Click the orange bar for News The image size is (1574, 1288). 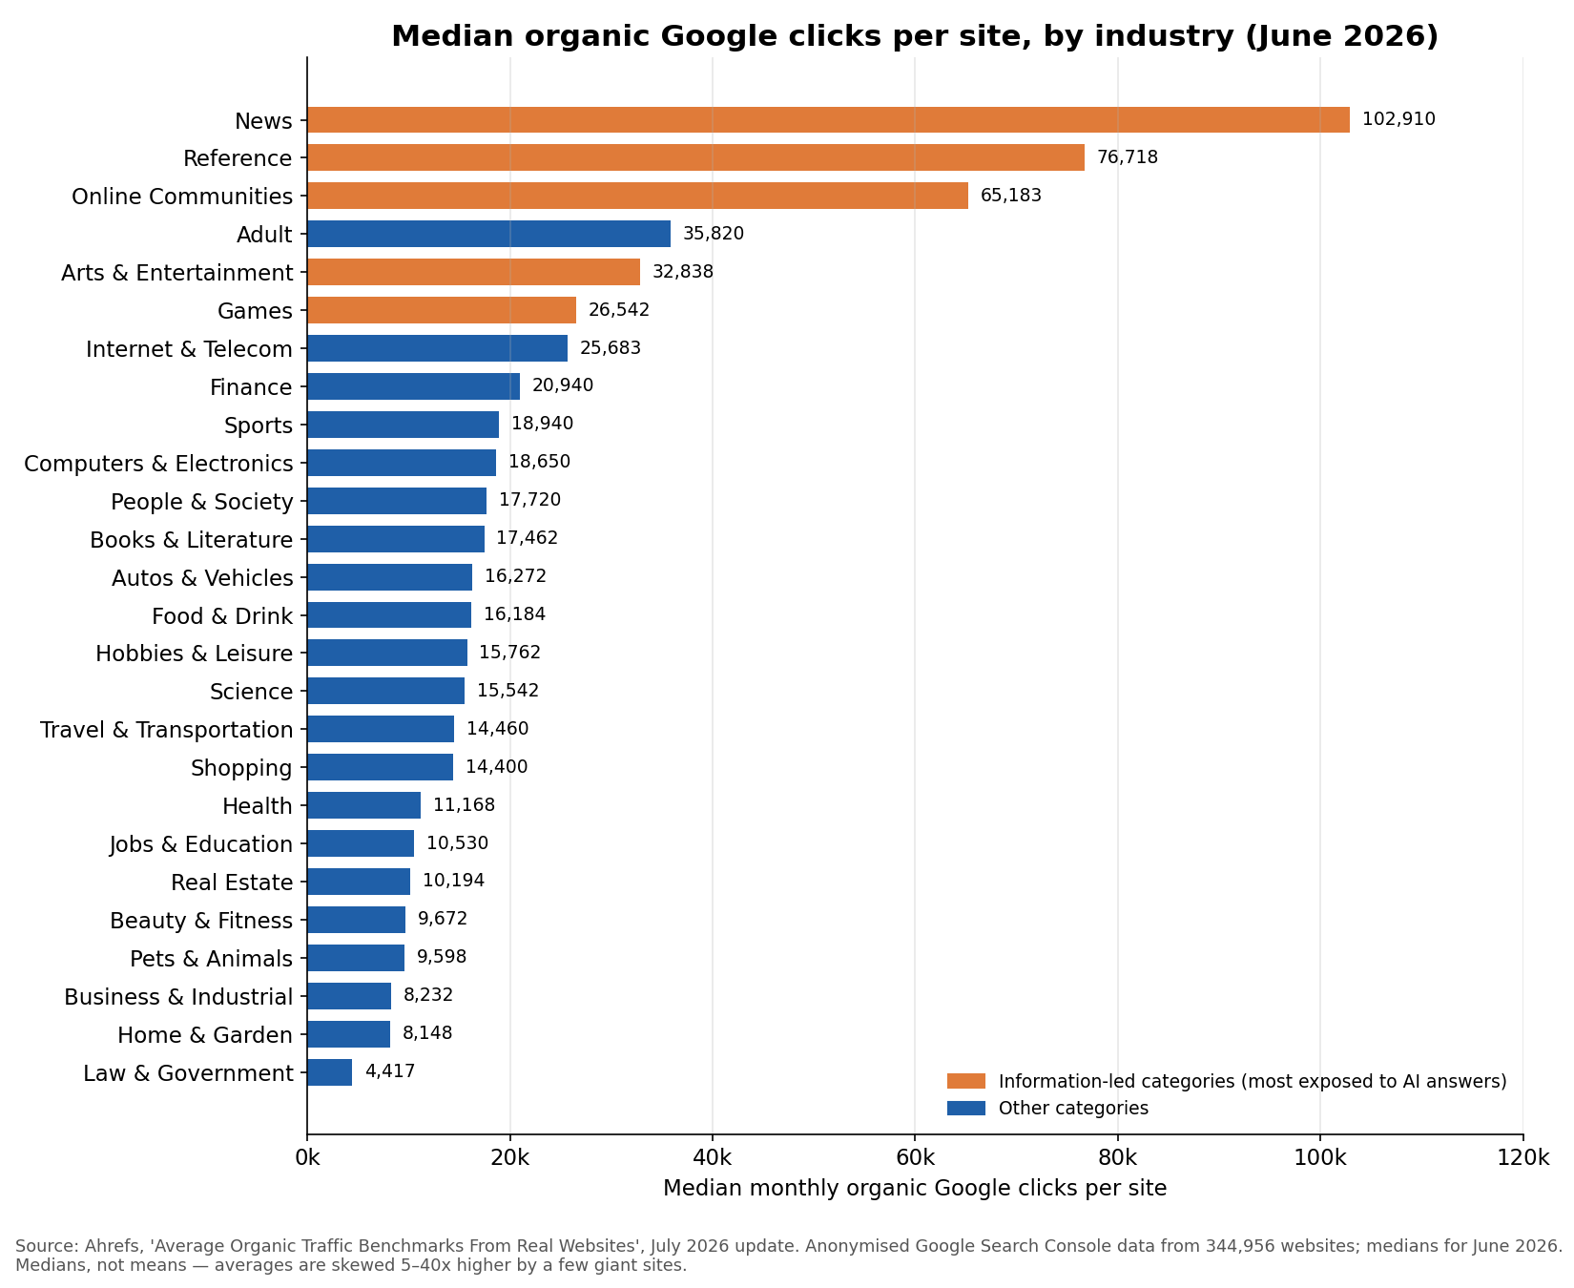(x=828, y=120)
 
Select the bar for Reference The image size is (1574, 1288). (x=695, y=157)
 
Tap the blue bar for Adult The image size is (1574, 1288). (x=488, y=234)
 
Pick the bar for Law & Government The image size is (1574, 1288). (x=329, y=1072)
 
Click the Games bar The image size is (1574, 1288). (x=442, y=310)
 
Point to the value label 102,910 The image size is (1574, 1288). (x=1398, y=120)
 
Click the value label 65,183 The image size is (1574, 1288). (x=1011, y=196)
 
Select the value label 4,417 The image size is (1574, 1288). (x=390, y=1071)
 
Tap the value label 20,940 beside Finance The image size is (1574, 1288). (x=563, y=385)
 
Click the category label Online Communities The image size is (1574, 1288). (x=182, y=197)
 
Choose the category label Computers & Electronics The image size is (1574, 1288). (x=158, y=464)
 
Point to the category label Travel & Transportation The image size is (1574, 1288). (x=167, y=730)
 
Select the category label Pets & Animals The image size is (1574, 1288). (x=212, y=959)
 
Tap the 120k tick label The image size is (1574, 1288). (x=1523, y=1158)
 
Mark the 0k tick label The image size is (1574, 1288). (x=307, y=1158)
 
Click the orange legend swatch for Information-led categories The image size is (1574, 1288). (x=965, y=1081)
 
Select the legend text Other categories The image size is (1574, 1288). (x=1073, y=1109)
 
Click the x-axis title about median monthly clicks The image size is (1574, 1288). (x=915, y=1189)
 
